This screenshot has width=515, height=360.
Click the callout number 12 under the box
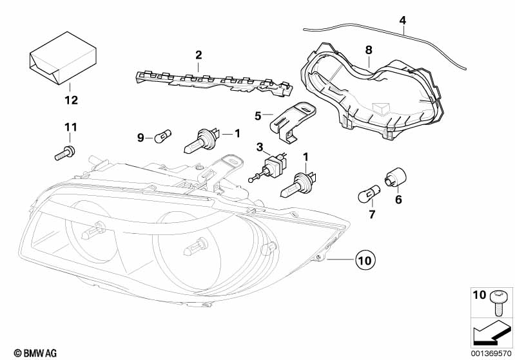(70, 100)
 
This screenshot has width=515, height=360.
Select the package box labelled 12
(61, 58)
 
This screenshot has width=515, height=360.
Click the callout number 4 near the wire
(403, 20)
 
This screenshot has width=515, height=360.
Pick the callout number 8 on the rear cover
(368, 50)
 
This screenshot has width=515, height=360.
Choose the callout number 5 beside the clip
(258, 116)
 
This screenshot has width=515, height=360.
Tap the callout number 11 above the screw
(70, 127)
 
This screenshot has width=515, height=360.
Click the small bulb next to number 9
(162, 137)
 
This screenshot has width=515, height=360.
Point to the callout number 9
(141, 137)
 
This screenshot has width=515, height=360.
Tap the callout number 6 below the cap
(398, 200)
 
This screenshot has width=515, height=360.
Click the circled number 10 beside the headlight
(364, 261)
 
